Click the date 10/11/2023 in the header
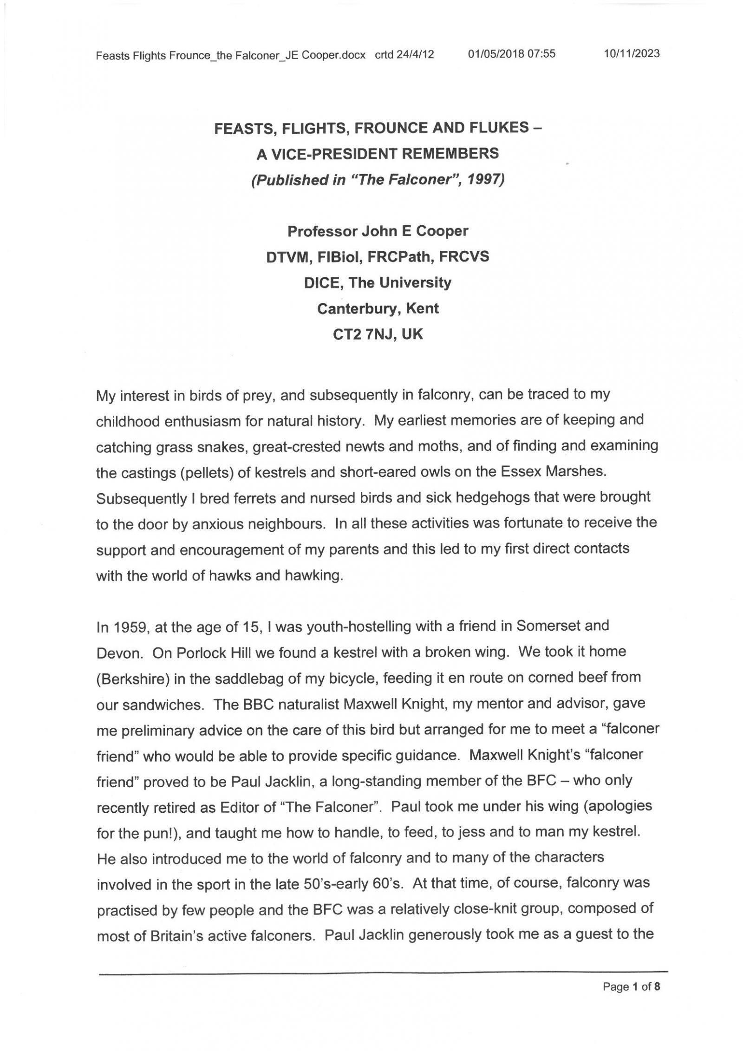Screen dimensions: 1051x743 (631, 53)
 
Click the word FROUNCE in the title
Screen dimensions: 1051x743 (392, 128)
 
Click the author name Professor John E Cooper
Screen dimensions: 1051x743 (378, 231)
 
